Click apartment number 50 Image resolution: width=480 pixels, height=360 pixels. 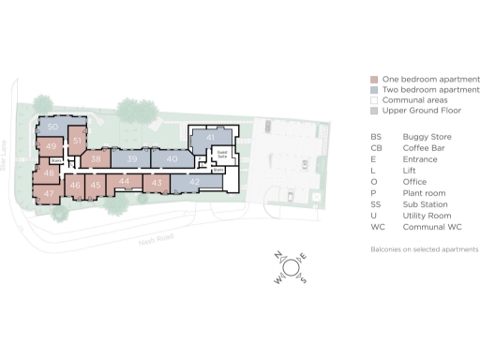click(52, 127)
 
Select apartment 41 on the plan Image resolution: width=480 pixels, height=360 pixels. click(211, 137)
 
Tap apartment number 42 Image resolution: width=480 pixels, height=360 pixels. click(194, 181)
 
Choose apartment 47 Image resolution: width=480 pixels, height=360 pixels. click(48, 193)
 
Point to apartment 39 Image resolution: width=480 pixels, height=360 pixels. click(132, 159)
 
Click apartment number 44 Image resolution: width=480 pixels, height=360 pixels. click(124, 181)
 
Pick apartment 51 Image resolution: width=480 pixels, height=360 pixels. click(78, 141)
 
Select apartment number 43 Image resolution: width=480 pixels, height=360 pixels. click(157, 182)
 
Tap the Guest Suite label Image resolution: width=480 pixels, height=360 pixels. click(222, 153)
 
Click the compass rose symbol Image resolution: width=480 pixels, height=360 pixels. click(291, 267)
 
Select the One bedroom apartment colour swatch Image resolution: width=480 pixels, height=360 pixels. click(374, 79)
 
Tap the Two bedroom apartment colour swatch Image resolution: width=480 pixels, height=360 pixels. click(374, 89)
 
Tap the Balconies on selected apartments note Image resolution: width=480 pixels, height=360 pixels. click(425, 249)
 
